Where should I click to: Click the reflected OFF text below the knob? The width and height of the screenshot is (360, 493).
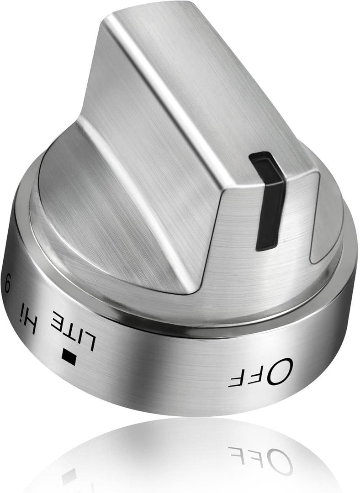(260, 458)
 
